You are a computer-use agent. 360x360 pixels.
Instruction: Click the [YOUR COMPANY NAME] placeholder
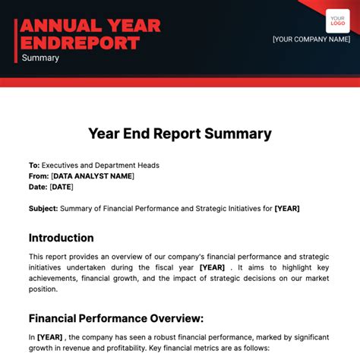(x=311, y=39)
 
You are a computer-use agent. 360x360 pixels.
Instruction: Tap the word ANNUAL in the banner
(x=55, y=25)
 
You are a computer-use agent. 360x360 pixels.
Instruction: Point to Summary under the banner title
(x=40, y=58)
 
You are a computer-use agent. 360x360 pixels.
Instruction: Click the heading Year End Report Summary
(x=179, y=134)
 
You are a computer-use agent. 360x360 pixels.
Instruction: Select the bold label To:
(x=34, y=165)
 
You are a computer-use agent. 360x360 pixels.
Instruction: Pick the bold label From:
(x=39, y=175)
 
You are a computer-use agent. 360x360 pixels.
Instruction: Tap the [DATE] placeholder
(x=62, y=186)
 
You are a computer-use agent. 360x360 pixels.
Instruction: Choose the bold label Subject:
(x=43, y=207)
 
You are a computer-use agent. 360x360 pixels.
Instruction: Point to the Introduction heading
(x=62, y=238)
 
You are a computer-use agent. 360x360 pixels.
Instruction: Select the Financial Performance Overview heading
(x=116, y=318)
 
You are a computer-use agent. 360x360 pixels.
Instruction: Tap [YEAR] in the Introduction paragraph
(x=213, y=267)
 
